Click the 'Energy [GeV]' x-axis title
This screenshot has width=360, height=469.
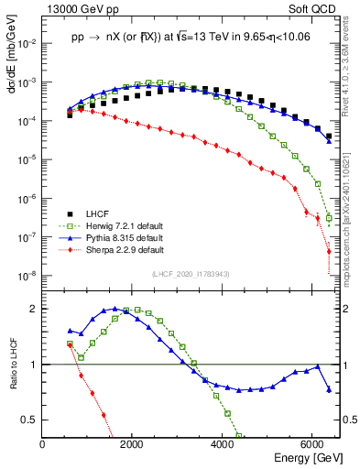[303, 457]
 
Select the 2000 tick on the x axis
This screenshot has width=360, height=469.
[133, 444]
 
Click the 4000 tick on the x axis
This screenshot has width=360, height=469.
[223, 444]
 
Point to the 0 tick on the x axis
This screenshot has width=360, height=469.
[43, 444]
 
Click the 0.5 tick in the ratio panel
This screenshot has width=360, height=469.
[30, 420]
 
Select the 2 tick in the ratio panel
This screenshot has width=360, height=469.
[35, 309]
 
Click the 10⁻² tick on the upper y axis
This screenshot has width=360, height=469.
[27, 43]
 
